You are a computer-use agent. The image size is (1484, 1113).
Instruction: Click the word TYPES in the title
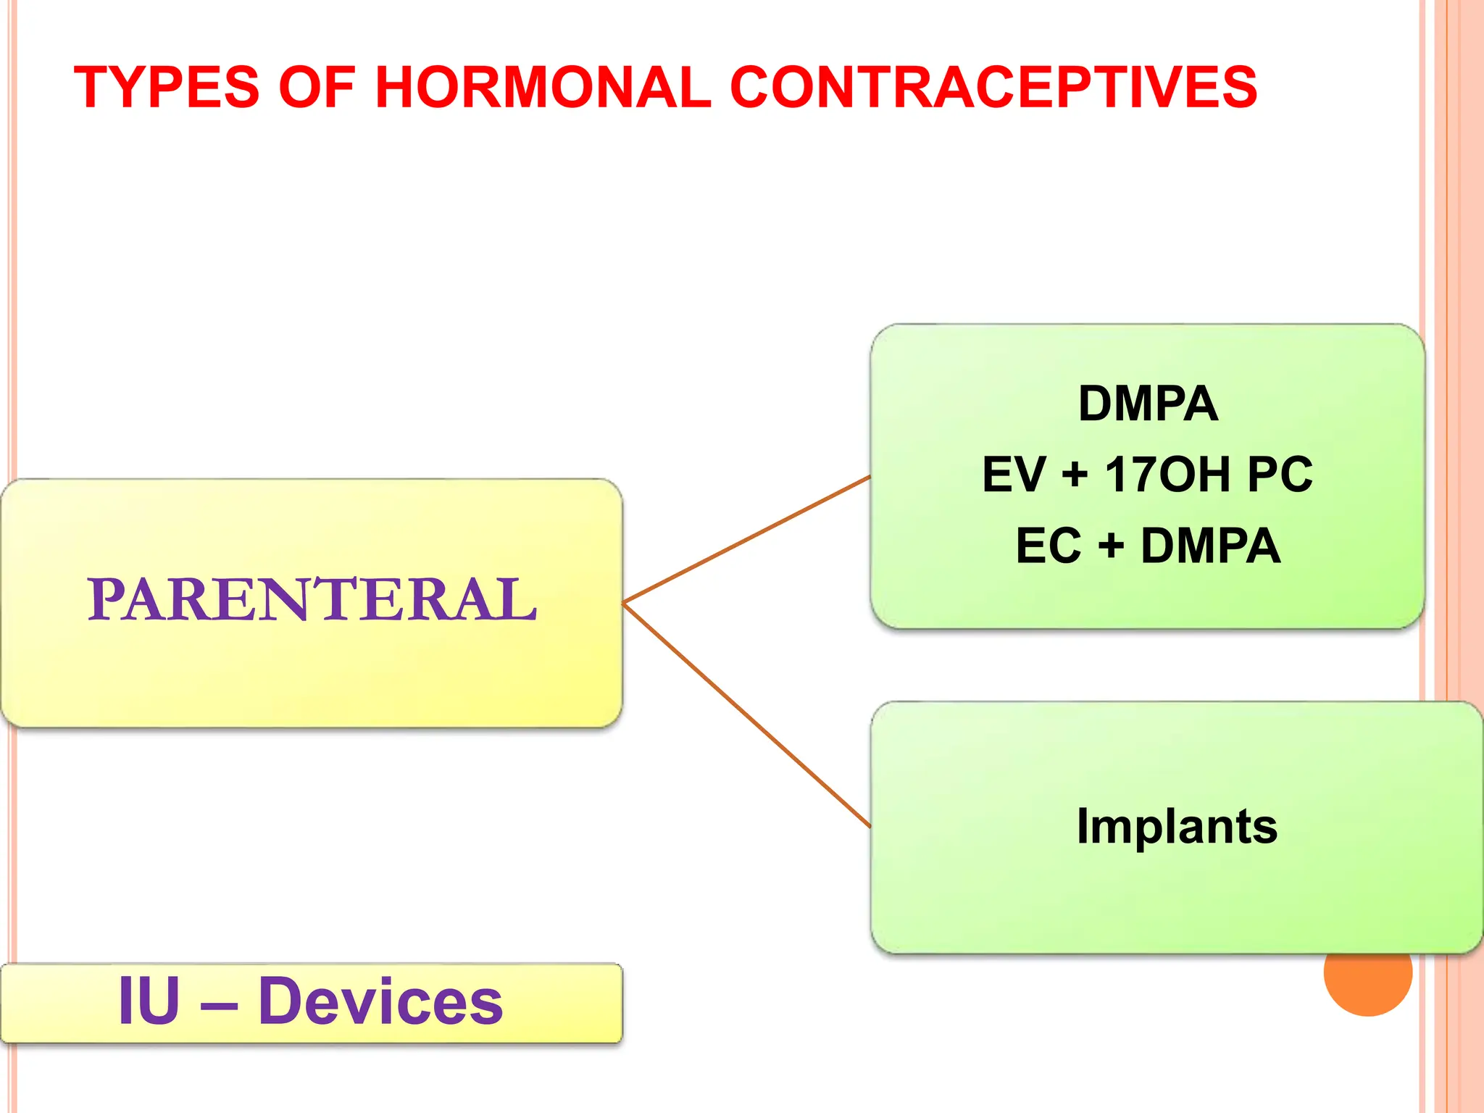(166, 88)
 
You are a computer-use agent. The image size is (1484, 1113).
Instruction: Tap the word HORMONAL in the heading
(543, 88)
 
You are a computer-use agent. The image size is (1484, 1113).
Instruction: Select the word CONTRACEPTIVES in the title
(993, 88)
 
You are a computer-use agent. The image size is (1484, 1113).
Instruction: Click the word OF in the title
(316, 88)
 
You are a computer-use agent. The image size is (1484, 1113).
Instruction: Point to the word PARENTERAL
(312, 600)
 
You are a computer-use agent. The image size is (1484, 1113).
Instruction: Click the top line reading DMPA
(1148, 404)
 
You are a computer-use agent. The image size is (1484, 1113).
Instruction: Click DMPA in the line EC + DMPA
(1210, 546)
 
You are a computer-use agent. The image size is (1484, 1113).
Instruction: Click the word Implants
(1177, 827)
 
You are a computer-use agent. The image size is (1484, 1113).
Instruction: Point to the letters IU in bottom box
(149, 1001)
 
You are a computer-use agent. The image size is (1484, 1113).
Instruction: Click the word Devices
(380, 1001)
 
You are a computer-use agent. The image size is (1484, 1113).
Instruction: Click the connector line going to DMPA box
(746, 539)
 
